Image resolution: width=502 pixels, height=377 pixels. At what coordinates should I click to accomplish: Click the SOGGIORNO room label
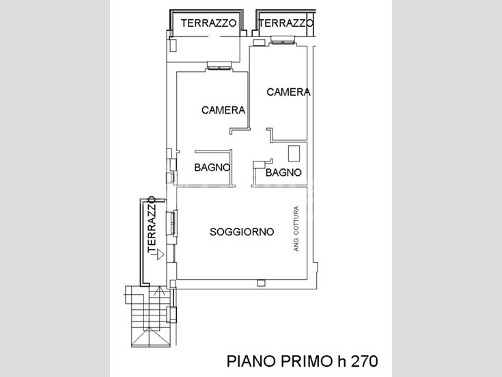tap(242, 232)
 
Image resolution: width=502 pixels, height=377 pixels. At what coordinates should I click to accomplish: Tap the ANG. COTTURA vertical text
tap(296, 229)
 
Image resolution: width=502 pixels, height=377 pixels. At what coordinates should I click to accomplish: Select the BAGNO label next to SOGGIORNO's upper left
tap(212, 167)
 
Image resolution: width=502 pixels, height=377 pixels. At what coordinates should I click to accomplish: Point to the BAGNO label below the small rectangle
tap(283, 172)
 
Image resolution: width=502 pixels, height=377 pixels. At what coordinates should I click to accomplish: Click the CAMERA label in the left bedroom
tap(223, 110)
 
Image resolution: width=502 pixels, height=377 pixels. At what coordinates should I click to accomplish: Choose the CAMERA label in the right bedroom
tap(288, 92)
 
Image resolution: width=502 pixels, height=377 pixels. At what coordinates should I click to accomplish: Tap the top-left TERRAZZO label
tap(208, 23)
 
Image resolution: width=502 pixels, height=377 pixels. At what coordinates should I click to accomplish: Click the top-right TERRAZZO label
tap(286, 23)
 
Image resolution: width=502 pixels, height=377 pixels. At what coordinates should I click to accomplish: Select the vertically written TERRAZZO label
tap(152, 224)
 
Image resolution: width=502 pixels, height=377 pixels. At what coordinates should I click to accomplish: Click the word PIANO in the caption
tap(251, 361)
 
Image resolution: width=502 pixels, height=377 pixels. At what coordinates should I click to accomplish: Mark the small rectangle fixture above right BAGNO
tap(294, 153)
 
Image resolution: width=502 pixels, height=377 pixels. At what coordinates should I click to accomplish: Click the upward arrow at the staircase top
tap(159, 291)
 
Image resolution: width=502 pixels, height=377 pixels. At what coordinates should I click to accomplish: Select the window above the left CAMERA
tap(219, 66)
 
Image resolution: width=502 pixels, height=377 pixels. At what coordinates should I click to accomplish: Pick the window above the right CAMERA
tap(282, 40)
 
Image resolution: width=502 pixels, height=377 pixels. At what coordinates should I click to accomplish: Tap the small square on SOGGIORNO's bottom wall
tap(261, 283)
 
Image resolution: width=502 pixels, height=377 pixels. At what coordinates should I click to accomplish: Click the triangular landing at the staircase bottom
tap(150, 337)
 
